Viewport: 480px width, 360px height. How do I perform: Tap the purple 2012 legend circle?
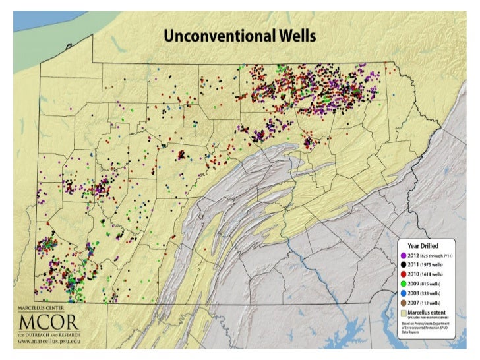point(402,255)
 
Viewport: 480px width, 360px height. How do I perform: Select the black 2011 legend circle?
point(402,264)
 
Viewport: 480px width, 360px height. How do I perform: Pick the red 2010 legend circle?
point(402,273)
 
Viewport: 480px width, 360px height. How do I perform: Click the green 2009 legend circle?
point(402,282)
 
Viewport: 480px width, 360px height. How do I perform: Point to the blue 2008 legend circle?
point(402,292)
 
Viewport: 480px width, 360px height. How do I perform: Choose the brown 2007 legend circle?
point(402,301)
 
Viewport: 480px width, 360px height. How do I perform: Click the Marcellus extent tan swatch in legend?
point(402,312)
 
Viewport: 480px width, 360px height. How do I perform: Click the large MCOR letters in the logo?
point(48,323)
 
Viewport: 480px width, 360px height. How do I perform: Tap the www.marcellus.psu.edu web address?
point(48,343)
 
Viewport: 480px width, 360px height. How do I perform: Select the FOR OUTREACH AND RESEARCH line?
point(48,334)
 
